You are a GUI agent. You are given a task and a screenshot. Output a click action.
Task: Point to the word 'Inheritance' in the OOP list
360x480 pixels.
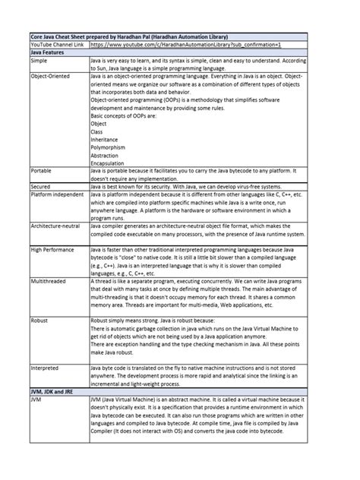(x=105, y=139)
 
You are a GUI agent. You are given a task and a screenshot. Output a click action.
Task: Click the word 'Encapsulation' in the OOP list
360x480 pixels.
(x=107, y=164)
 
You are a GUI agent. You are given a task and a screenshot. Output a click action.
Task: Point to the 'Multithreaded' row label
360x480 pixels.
(x=48, y=280)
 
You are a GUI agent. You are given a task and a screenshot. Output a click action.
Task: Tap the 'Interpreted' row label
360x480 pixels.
(x=44, y=368)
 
